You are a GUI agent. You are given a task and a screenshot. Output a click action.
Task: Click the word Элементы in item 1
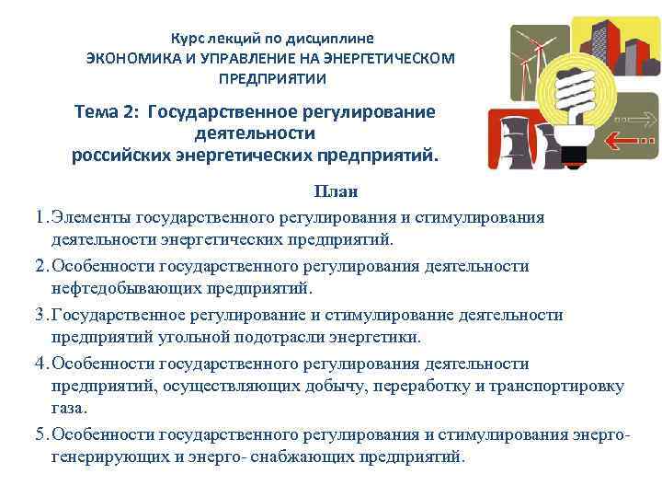(x=90, y=217)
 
